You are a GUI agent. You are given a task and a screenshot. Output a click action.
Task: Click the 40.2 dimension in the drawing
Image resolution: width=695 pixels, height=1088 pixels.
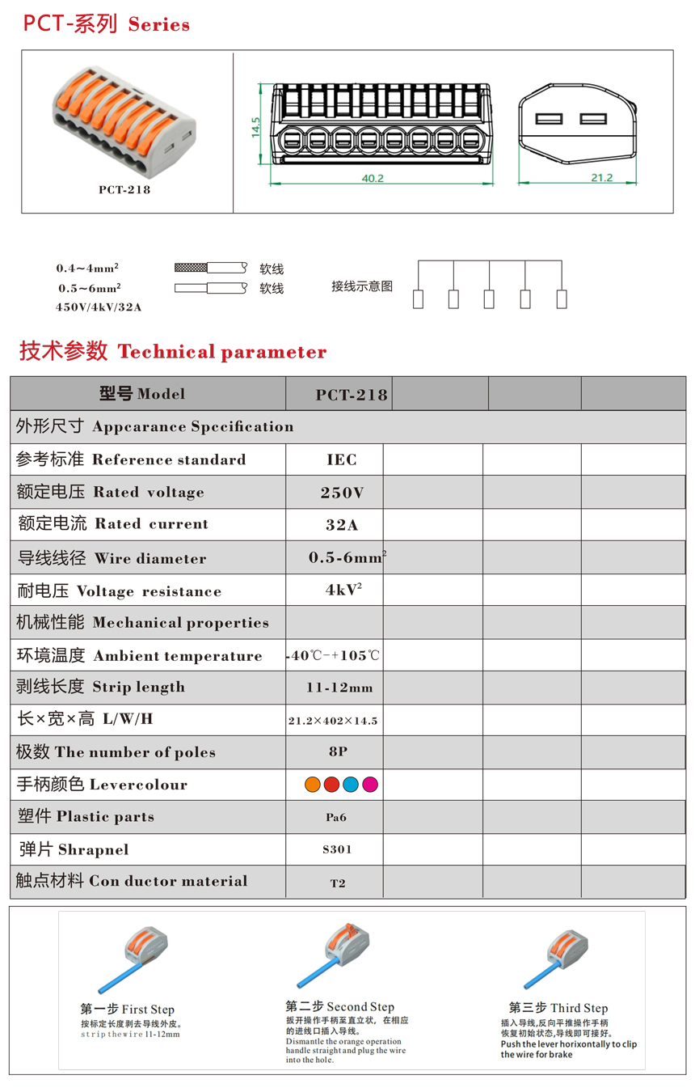pos(372,178)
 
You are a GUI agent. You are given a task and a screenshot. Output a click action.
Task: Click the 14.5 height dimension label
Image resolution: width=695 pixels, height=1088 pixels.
pos(256,126)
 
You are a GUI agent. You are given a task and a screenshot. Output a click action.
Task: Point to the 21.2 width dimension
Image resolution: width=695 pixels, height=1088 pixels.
pos(600,178)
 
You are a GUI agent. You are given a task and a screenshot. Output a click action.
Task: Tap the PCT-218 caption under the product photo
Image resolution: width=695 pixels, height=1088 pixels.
pos(124,190)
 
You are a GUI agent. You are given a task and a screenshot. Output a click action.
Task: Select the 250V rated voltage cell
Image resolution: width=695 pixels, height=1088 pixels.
pos(342,493)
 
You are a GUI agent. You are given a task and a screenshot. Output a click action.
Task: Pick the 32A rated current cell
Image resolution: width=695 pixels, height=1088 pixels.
pos(342,525)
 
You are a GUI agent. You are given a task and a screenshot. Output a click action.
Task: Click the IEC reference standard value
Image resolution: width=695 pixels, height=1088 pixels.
pos(342,459)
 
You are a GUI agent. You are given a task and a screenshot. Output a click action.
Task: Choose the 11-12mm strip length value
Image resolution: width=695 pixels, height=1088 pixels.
pos(339,688)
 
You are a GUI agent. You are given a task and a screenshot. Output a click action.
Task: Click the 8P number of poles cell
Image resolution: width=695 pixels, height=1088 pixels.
pos(339,751)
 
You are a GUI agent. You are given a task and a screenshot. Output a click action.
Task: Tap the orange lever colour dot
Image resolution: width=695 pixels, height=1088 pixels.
pos(312,784)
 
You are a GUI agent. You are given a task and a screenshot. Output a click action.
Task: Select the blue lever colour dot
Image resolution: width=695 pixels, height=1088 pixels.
pos(351,784)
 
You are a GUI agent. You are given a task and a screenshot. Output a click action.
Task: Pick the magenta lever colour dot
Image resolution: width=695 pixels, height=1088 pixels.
pos(370,784)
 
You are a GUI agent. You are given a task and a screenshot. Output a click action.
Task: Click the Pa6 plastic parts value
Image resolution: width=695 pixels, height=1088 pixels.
pos(336,817)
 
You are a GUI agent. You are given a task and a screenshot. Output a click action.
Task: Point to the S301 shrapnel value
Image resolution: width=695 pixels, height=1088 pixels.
pos(337,849)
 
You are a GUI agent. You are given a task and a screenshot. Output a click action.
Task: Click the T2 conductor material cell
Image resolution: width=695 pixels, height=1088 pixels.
pos(338,883)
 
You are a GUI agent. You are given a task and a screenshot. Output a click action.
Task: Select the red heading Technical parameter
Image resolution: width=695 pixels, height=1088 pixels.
pos(222,352)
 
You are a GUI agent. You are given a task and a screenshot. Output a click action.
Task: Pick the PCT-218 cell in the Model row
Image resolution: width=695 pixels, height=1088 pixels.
pos(352,395)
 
